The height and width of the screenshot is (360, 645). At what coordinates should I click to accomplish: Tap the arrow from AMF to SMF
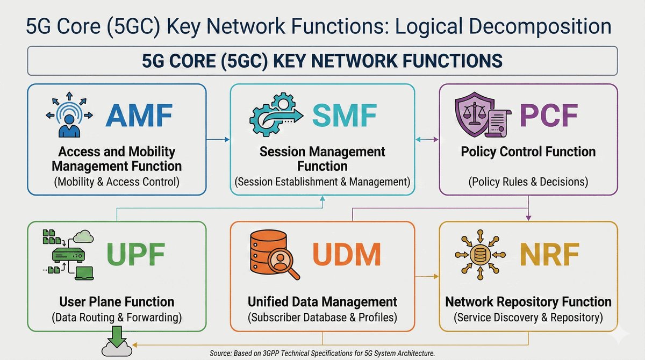click(x=218, y=140)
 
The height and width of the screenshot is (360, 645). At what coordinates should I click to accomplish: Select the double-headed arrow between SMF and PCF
click(x=427, y=140)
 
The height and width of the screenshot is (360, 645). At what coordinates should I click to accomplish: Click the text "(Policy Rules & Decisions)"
click(x=528, y=182)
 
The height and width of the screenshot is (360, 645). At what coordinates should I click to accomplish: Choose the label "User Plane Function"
click(x=117, y=301)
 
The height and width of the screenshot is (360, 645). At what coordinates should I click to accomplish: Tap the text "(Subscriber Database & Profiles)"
click(x=322, y=317)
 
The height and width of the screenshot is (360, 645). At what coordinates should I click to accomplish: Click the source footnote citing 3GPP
click(x=321, y=353)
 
